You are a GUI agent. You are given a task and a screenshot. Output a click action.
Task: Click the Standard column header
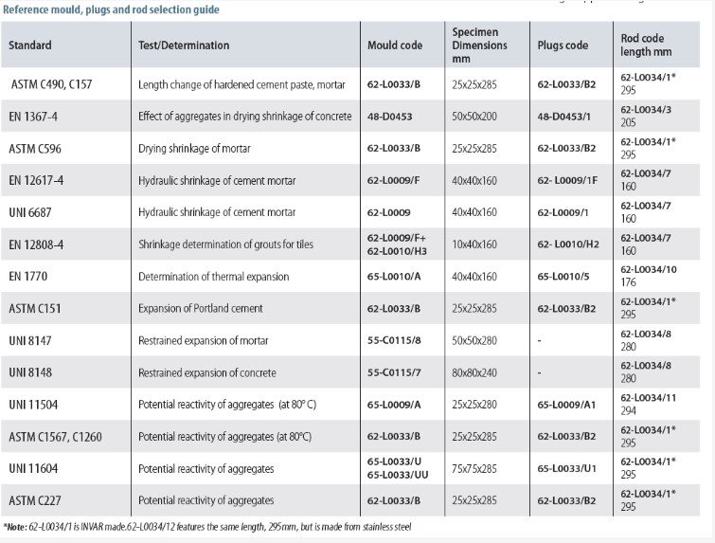point(30,45)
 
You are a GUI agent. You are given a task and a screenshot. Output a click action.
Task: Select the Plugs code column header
point(563,45)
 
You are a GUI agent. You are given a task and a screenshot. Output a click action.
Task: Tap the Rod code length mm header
point(646,45)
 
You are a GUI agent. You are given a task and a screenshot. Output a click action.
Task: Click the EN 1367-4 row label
point(33,117)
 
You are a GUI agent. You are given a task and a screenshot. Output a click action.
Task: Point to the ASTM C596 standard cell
point(35,148)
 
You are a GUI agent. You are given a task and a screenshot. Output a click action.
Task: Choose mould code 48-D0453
point(389,117)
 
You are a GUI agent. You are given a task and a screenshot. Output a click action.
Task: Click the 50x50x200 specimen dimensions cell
point(474,117)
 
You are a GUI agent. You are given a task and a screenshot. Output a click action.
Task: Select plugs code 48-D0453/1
point(564,117)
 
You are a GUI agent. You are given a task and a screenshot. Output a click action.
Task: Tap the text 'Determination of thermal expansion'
point(214,277)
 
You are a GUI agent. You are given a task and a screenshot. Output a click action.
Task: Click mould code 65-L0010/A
point(394,277)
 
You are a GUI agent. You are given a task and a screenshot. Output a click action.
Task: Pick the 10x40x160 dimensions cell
point(474,244)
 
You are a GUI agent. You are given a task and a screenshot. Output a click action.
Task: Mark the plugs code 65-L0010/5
point(563,277)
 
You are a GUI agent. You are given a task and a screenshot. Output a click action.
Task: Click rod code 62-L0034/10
point(649,269)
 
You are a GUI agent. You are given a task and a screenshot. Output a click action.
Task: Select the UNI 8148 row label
point(30,372)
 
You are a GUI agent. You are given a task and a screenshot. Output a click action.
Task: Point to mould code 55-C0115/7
point(394,372)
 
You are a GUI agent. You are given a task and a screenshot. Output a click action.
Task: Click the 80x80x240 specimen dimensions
point(474,372)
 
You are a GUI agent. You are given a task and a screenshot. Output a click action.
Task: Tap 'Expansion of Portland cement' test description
point(201,309)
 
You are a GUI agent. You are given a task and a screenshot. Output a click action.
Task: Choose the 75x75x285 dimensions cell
point(474,469)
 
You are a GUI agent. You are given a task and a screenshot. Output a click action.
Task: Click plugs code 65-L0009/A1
point(567,405)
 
